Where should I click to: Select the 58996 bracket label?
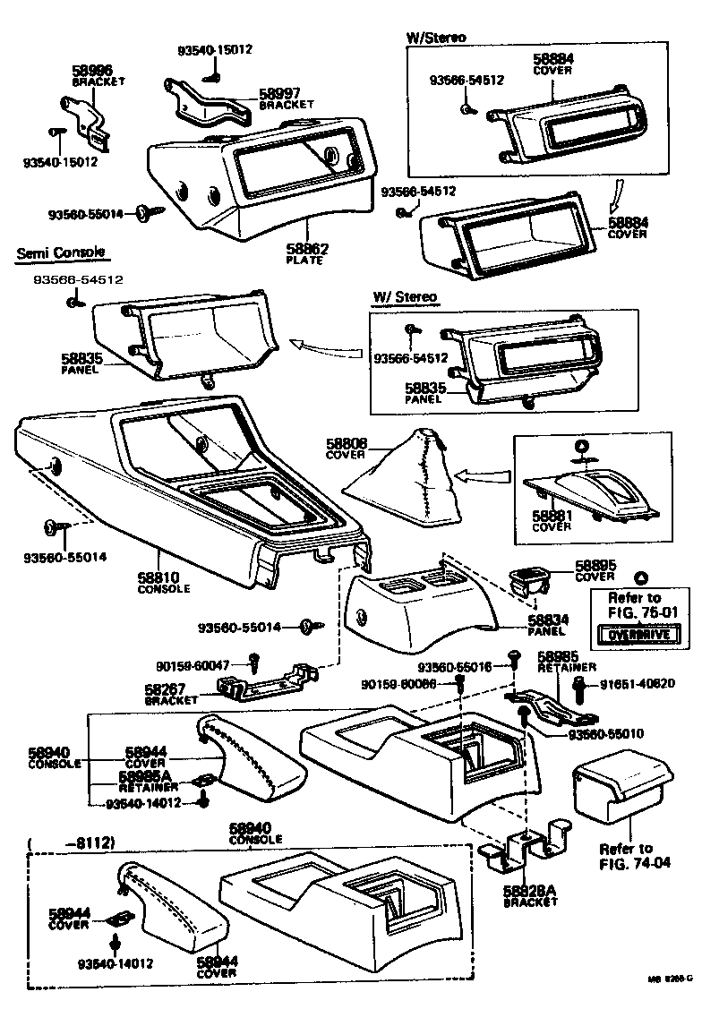pyautogui.click(x=93, y=69)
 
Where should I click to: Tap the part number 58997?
pyautogui.click(x=279, y=93)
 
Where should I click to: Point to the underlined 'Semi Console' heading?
pyautogui.click(x=60, y=253)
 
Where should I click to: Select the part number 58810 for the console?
pyautogui.click(x=164, y=578)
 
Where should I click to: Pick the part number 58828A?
pyautogui.click(x=531, y=892)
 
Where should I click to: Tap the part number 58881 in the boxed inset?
pyautogui.click(x=552, y=517)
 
